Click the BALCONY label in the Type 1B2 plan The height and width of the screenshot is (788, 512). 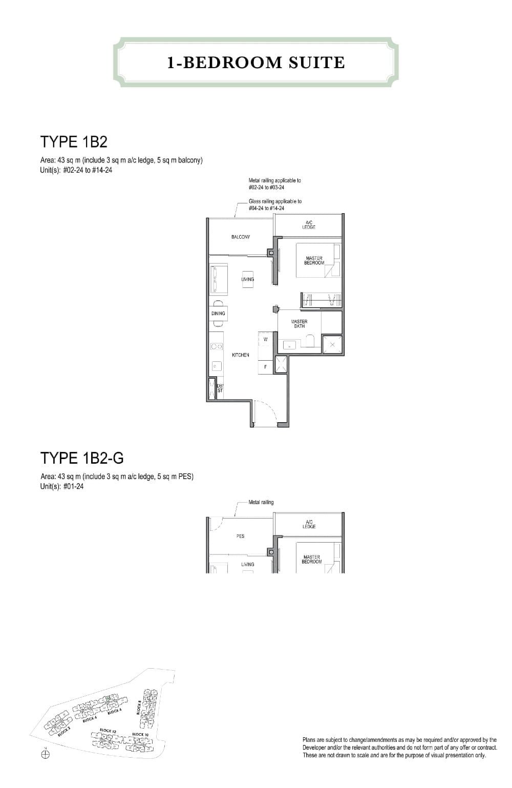tap(240, 237)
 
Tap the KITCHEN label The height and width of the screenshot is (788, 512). tap(240, 355)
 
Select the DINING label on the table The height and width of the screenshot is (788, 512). tap(218, 313)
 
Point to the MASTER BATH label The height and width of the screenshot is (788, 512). tap(299, 324)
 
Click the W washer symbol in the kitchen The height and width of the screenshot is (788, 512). tap(265, 339)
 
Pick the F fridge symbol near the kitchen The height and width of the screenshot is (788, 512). tap(265, 367)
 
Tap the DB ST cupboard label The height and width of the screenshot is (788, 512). tap(220, 388)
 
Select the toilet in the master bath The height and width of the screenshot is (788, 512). tap(309, 341)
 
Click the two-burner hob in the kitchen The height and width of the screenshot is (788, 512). tap(217, 347)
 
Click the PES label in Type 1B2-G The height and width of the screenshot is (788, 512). tap(240, 536)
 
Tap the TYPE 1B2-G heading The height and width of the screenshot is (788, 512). tap(82, 458)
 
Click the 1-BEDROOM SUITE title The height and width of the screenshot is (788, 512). tap(256, 63)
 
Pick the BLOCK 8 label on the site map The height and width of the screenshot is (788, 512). tap(139, 708)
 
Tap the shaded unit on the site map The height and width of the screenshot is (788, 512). tap(108, 698)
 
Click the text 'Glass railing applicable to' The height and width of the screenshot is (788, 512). tap(275, 201)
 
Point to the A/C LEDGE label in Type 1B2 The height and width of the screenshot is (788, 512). tap(309, 224)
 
